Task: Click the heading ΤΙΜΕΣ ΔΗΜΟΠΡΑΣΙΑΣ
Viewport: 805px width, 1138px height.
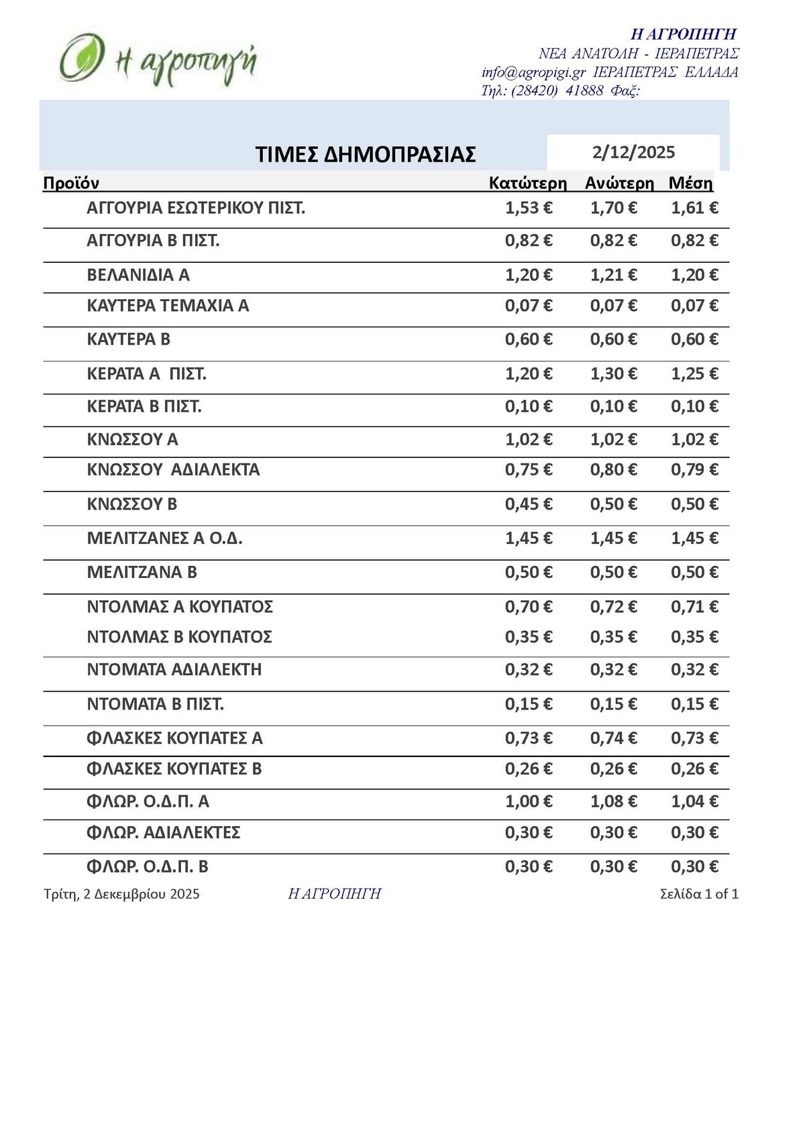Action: point(366,154)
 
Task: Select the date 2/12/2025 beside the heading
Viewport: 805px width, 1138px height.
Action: point(633,152)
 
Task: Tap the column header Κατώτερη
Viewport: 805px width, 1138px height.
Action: point(527,183)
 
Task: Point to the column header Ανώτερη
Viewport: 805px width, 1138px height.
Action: point(619,183)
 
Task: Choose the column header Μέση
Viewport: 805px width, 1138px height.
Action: point(690,183)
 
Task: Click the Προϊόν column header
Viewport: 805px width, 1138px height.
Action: point(71,183)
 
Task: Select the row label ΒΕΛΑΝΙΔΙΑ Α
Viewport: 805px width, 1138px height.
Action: point(138,275)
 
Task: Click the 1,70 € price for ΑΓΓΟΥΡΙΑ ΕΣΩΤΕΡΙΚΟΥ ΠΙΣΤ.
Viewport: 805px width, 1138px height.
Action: point(613,208)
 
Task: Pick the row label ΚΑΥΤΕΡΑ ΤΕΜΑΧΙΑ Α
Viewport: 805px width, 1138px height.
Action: point(168,306)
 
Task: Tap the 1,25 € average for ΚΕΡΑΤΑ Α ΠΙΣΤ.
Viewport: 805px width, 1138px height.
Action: point(694,374)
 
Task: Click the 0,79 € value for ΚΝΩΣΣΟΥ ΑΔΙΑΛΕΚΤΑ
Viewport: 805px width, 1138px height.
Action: point(694,469)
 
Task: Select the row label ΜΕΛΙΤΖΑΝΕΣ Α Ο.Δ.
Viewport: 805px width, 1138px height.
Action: point(164,538)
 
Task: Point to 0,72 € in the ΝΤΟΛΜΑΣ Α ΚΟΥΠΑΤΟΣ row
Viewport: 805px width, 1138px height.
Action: point(613,607)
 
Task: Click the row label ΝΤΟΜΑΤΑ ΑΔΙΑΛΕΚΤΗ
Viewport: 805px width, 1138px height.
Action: point(174,669)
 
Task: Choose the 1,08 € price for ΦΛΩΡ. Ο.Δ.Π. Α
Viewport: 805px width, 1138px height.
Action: point(613,801)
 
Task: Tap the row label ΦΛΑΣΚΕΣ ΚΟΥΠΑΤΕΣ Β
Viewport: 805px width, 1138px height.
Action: point(174,769)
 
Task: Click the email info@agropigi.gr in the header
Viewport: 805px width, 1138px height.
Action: point(533,72)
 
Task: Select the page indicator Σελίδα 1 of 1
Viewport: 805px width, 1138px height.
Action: point(699,894)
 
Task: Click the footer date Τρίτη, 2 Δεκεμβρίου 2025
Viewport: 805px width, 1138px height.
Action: point(121,894)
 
